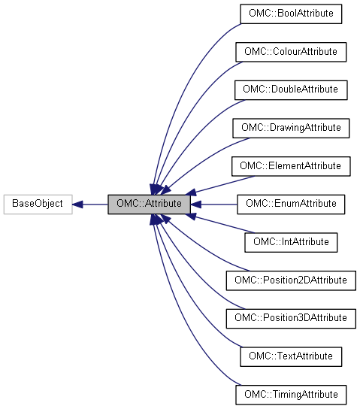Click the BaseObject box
coord(38,204)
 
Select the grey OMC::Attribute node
coord(148,204)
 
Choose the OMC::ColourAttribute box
coord(290,52)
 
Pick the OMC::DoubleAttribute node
coord(290,89)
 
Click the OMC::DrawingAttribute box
coord(290,128)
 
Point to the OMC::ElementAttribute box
coord(290,165)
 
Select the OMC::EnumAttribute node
coord(290,204)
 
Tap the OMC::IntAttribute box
coord(290,242)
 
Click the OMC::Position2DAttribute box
coord(290,280)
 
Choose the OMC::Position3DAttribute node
coord(290,318)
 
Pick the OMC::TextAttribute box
coord(290,356)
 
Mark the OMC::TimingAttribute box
coord(290,394)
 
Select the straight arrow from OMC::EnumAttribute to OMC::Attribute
coord(214,204)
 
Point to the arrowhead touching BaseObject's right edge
coord(77,204)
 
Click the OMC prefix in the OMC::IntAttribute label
coord(265,242)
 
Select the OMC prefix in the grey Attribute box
coord(127,204)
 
